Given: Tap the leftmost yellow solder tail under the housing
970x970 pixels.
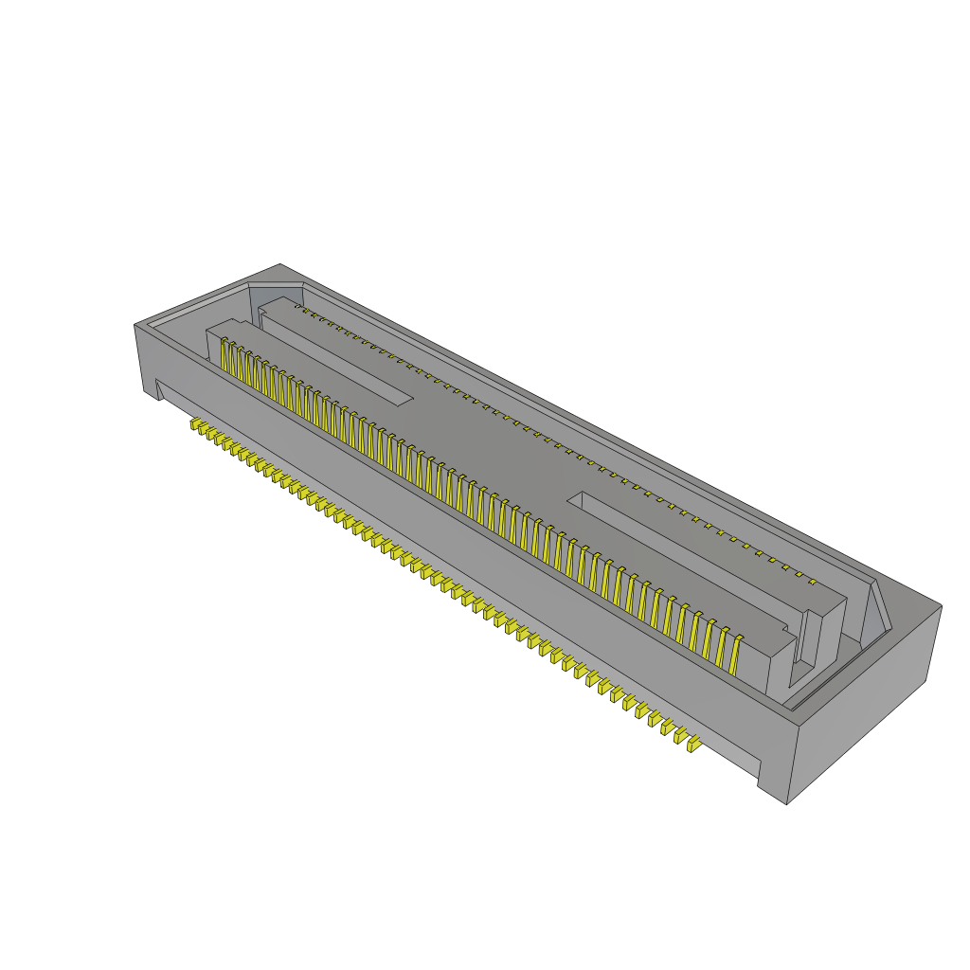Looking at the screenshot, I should tap(194, 425).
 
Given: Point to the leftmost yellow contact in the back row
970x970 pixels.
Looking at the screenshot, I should tap(297, 307).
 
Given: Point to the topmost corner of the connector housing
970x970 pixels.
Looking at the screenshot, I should tap(280, 264).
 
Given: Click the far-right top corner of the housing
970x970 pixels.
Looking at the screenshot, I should tap(942, 605).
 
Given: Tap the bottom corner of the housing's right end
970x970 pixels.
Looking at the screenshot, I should tap(787, 804).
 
